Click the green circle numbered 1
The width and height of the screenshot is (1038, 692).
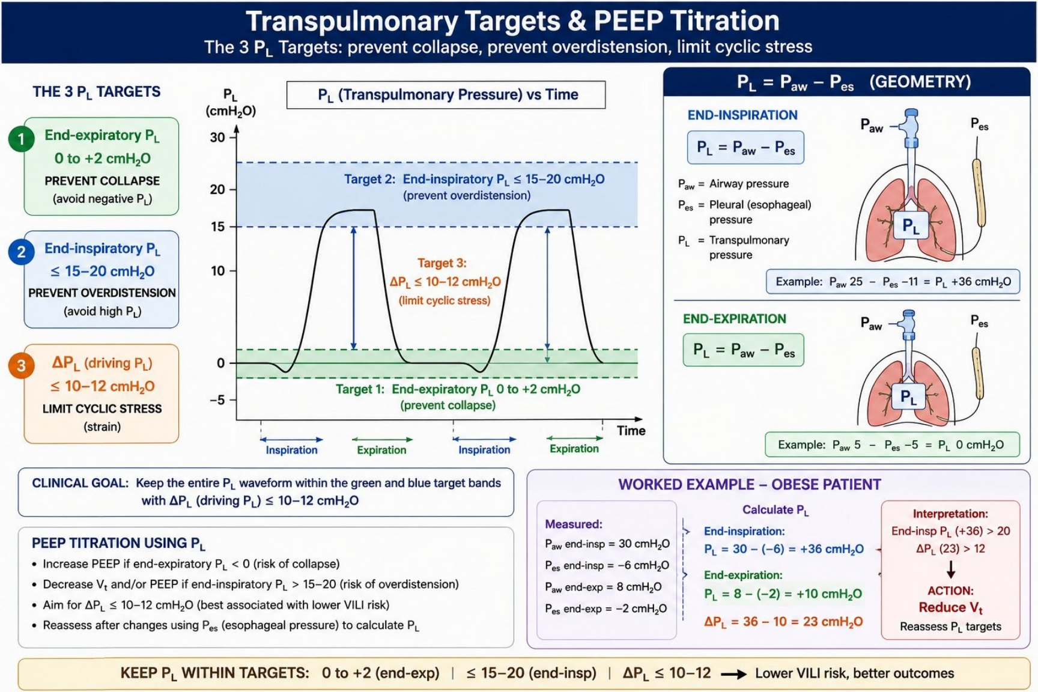pyautogui.click(x=21, y=139)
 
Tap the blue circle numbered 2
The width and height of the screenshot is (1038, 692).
pyautogui.click(x=21, y=252)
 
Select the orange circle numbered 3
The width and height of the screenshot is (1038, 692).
pyautogui.click(x=21, y=365)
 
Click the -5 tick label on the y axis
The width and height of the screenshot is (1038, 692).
pyautogui.click(x=217, y=399)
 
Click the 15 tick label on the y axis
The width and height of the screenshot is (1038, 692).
pyautogui.click(x=217, y=226)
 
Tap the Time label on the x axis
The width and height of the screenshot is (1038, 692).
pyautogui.click(x=631, y=431)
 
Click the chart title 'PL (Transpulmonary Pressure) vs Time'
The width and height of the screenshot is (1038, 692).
pyautogui.click(x=448, y=95)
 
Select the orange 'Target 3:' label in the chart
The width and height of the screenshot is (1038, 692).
pyautogui.click(x=442, y=263)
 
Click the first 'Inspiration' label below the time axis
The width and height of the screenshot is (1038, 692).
pyautogui.click(x=291, y=450)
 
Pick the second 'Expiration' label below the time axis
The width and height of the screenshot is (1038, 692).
pyautogui.click(x=574, y=449)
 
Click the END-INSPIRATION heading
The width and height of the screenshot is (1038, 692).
pyautogui.click(x=742, y=115)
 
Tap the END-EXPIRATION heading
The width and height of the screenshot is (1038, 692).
pyautogui.click(x=734, y=319)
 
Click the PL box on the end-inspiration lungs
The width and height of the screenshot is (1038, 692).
pyautogui.click(x=911, y=226)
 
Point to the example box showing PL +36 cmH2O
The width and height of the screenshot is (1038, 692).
pyautogui.click(x=893, y=282)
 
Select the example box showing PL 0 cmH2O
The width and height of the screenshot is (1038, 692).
pyautogui.click(x=892, y=445)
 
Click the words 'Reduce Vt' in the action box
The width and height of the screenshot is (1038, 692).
pyautogui.click(x=950, y=608)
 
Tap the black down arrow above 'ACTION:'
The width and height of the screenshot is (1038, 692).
pyautogui.click(x=951, y=569)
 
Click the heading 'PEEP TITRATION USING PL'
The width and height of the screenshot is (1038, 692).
pyautogui.click(x=118, y=544)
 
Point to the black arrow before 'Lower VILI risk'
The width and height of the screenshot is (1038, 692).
pyautogui.click(x=733, y=675)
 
